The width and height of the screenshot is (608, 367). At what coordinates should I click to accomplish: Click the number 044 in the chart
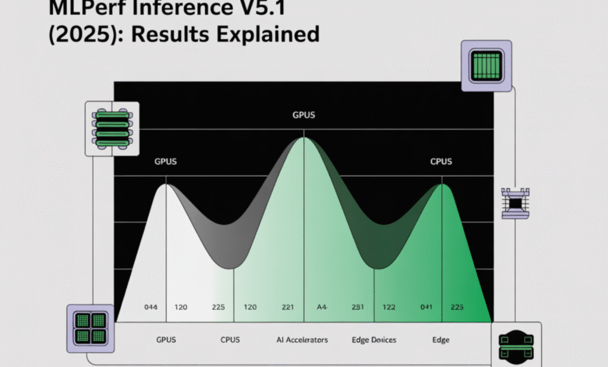coord(151,308)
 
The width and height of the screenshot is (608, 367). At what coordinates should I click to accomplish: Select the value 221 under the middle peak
coord(288,308)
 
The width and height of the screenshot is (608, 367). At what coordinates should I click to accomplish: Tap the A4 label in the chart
coord(321,308)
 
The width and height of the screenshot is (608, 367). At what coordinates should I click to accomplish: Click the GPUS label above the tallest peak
coord(303,115)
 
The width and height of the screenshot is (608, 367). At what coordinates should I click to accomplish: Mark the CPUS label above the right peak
coord(442,162)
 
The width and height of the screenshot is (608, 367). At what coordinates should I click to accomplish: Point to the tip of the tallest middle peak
coord(303,138)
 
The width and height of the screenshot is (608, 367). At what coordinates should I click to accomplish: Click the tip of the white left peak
coord(165,184)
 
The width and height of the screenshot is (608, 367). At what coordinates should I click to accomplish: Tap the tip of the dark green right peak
coord(443,184)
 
